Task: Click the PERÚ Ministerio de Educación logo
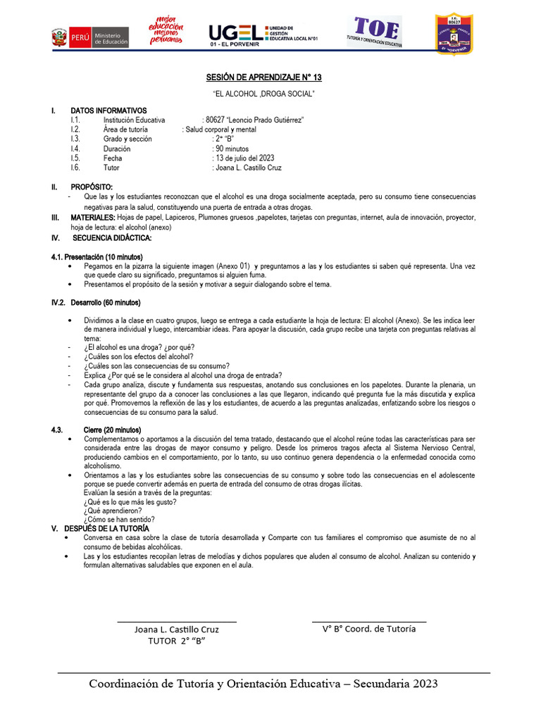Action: pos(90,37)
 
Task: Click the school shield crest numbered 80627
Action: pos(453,33)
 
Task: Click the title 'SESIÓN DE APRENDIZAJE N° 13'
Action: pos(263,77)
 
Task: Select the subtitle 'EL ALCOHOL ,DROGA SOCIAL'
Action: pos(263,94)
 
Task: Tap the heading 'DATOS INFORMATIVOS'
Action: pos(108,111)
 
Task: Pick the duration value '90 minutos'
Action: pos(232,149)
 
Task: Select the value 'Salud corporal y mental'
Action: pos(220,130)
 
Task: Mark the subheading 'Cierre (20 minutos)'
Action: pos(112,430)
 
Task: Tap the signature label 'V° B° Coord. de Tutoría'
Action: pos(368,629)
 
